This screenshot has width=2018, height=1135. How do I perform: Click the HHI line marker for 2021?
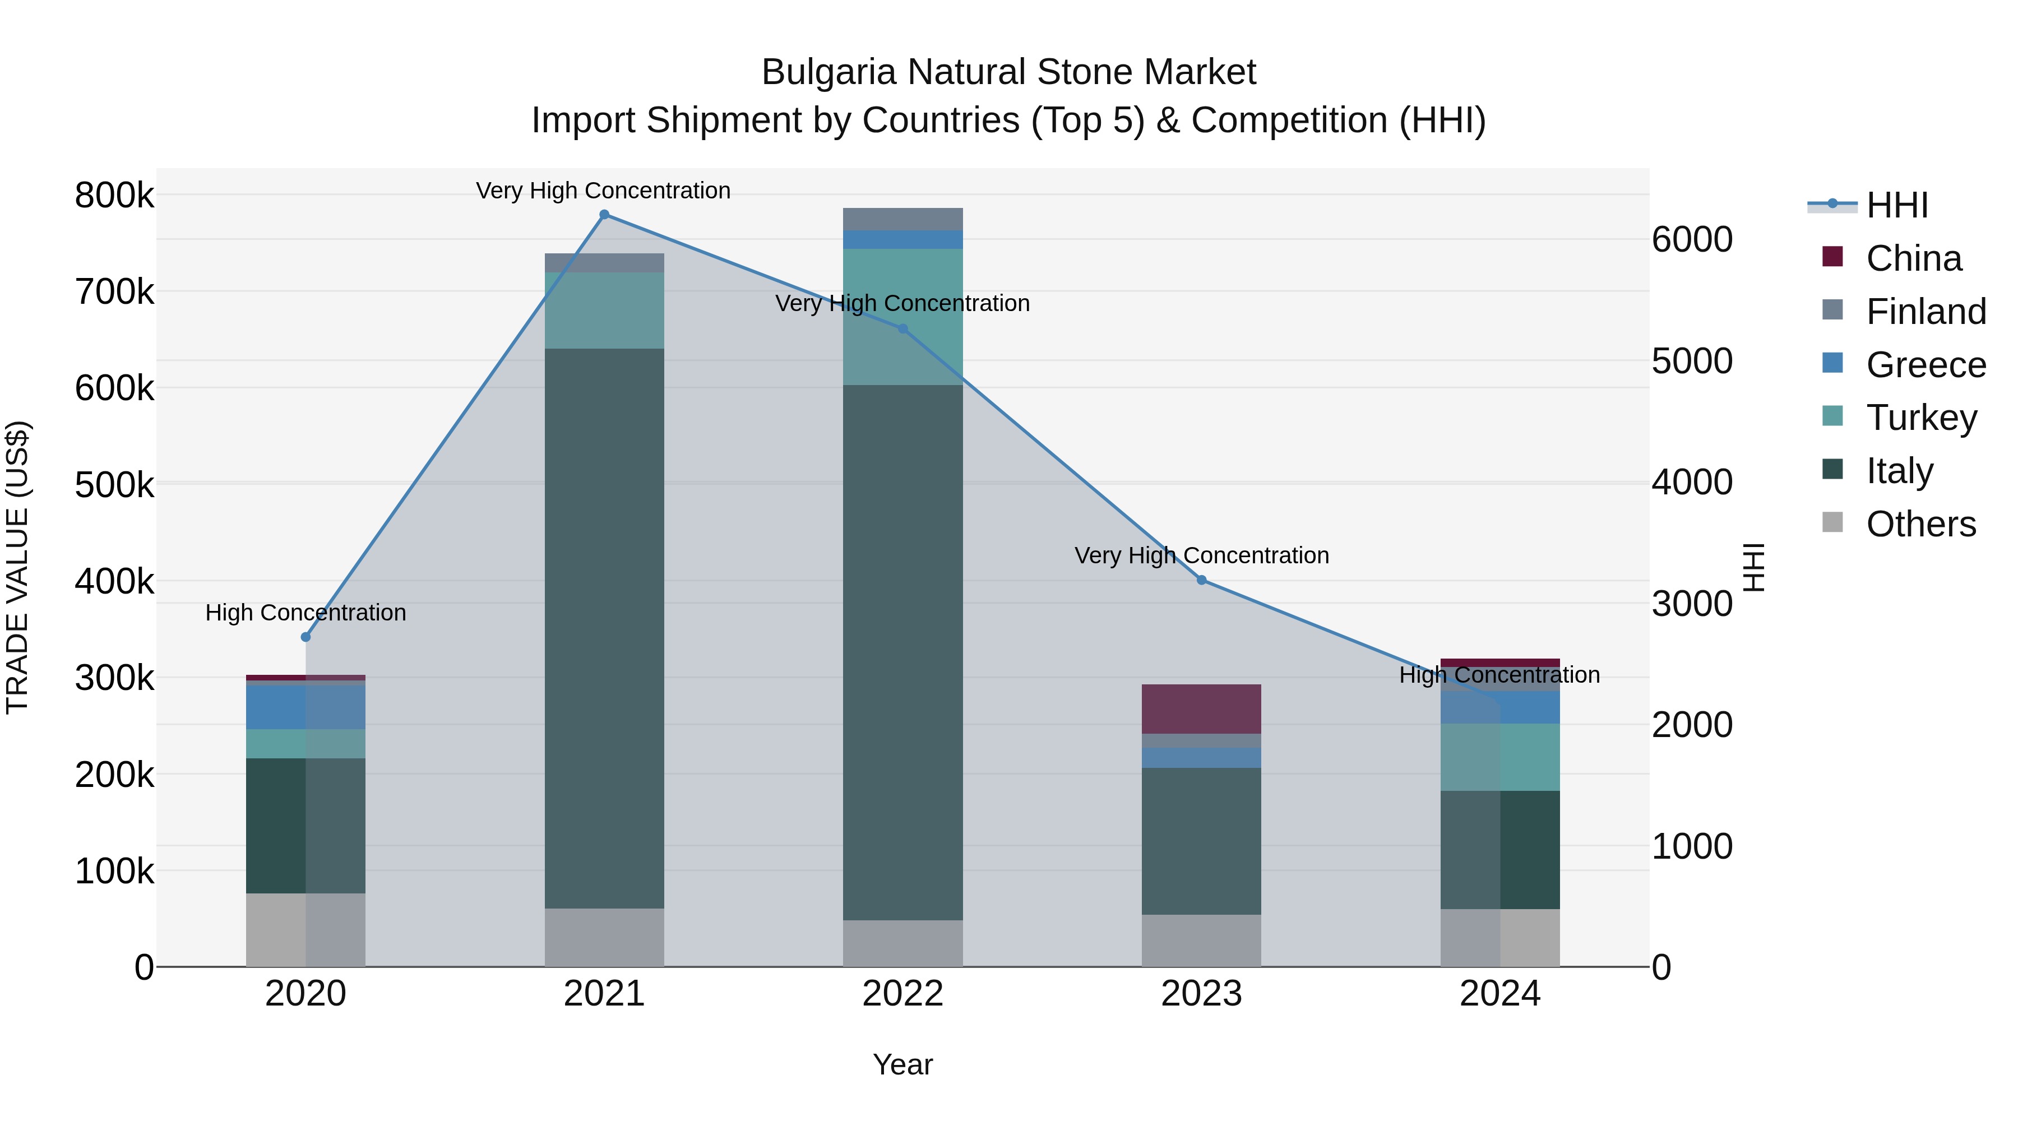click(604, 215)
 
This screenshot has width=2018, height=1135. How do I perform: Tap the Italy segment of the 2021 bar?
click(604, 627)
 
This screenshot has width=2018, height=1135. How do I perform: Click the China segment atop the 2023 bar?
click(1202, 709)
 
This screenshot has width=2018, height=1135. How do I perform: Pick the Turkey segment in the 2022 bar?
click(902, 317)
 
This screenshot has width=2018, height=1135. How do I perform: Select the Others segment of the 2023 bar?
click(1202, 940)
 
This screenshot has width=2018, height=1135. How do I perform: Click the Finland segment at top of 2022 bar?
click(902, 219)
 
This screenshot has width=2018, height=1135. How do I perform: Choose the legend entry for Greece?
click(1926, 365)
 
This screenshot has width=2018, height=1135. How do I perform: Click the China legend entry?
click(1913, 258)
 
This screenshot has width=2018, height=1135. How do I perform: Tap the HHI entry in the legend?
click(1896, 205)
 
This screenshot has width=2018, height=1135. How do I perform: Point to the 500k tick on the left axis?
click(114, 485)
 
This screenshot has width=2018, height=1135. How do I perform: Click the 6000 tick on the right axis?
click(1692, 240)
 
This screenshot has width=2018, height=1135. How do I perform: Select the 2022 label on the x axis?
click(902, 994)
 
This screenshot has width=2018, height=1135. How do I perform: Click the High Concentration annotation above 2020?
click(306, 613)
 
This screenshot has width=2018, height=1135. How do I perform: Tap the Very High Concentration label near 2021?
click(603, 191)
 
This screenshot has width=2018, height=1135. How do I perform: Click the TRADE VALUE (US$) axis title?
click(17, 567)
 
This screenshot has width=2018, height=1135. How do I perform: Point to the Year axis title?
click(902, 1064)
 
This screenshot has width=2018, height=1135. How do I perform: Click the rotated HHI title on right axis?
click(1753, 567)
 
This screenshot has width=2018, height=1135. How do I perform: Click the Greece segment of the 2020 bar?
click(276, 707)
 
